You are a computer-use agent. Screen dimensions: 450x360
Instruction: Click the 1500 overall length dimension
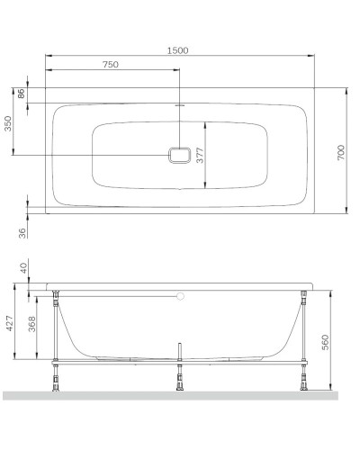point(177,50)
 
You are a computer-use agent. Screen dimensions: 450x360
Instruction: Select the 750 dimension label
point(112,65)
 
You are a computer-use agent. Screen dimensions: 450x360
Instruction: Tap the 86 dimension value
point(21,94)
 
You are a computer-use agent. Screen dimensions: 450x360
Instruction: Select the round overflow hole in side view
point(180,294)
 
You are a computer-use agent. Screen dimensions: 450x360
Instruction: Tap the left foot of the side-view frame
point(58,383)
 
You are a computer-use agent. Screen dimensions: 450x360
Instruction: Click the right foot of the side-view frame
point(307,383)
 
